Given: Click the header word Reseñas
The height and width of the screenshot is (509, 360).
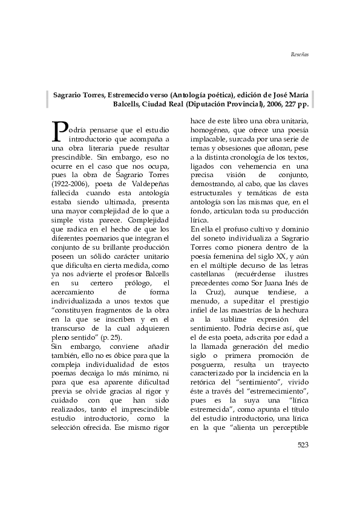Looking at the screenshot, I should [299, 54].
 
